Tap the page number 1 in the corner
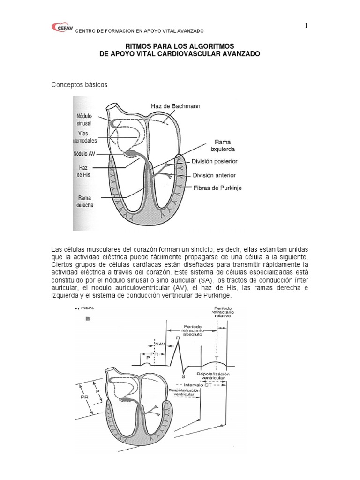(307, 26)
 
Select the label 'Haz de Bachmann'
(176, 106)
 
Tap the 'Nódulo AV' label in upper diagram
(84, 153)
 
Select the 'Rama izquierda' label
(227, 144)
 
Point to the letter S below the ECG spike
(183, 376)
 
